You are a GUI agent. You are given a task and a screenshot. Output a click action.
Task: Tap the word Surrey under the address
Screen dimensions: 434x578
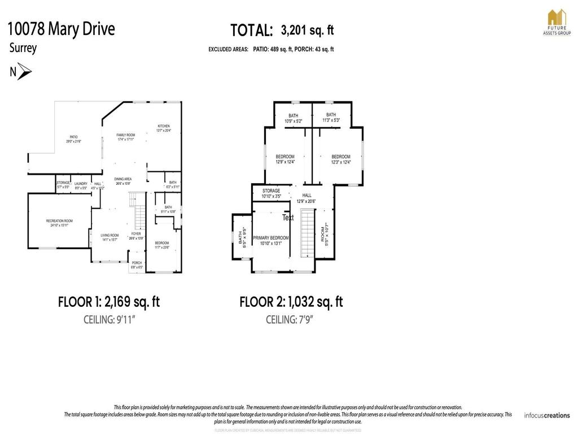click(23, 48)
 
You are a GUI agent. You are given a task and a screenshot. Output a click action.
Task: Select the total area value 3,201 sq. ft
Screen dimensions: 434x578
click(307, 30)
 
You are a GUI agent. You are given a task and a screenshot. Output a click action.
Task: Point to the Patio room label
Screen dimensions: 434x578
click(73, 139)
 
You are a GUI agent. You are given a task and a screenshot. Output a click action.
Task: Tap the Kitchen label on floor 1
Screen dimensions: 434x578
click(163, 128)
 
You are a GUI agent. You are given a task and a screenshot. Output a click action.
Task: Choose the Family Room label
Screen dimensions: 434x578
click(125, 137)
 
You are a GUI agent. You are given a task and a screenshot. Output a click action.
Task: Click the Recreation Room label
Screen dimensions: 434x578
click(59, 223)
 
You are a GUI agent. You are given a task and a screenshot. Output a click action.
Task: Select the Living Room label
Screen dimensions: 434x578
click(110, 237)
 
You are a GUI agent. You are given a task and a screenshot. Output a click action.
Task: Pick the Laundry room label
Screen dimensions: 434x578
click(81, 185)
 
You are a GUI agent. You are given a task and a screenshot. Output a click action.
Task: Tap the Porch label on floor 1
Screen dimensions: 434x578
click(137, 264)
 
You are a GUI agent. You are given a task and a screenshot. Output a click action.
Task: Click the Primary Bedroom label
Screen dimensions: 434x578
click(270, 241)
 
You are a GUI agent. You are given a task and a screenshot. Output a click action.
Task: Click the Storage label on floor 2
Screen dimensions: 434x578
click(271, 193)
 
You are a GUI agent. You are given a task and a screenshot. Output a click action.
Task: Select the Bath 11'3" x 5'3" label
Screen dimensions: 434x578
click(331, 118)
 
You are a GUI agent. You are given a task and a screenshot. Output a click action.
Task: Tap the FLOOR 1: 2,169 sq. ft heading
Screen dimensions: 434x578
click(108, 302)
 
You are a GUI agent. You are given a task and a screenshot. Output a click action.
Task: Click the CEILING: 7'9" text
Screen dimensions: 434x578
click(290, 320)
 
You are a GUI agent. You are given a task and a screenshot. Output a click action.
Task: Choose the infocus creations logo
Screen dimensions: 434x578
click(546, 415)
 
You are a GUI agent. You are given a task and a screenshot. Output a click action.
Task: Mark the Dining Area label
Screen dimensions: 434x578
click(123, 181)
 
